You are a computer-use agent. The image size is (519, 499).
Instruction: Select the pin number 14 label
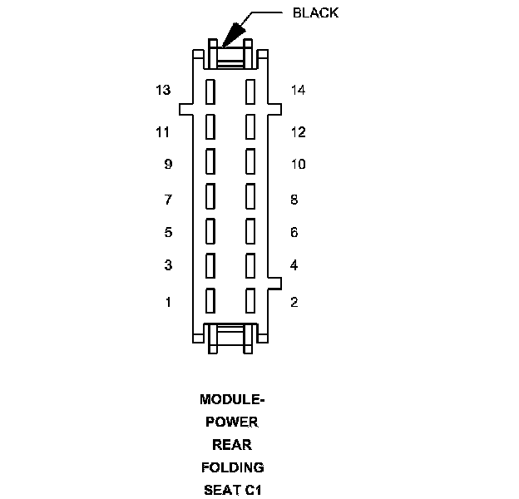(298, 90)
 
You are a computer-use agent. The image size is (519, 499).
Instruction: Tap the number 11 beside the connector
(162, 131)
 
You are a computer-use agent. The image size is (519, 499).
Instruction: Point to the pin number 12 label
(298, 131)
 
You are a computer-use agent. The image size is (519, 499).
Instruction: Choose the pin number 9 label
(168, 165)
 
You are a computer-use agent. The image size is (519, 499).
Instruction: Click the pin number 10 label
(298, 165)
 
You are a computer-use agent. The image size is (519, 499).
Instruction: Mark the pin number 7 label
(168, 200)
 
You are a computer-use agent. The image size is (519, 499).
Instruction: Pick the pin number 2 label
(294, 301)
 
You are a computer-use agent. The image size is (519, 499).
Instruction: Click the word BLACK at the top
(316, 13)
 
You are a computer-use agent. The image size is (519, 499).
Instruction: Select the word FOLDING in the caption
(232, 467)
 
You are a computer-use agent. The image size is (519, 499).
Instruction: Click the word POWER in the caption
(232, 422)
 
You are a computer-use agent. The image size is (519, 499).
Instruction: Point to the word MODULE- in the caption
(232, 399)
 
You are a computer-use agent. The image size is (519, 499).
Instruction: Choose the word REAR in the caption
(232, 444)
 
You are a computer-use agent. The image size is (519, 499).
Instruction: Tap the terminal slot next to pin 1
(210, 299)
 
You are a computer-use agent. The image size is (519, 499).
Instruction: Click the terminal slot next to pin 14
(250, 91)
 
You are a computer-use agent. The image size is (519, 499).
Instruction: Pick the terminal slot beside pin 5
(210, 230)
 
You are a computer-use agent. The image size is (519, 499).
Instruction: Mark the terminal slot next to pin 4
(250, 264)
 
